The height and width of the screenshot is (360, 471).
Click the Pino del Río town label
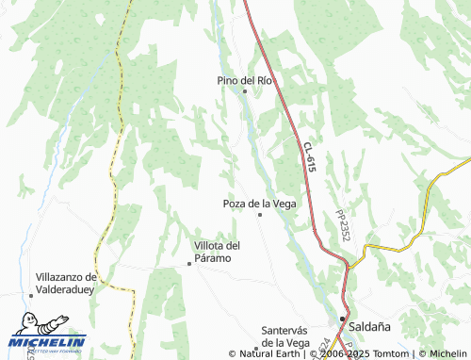tap(245, 80)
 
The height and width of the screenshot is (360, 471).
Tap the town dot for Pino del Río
tap(245, 91)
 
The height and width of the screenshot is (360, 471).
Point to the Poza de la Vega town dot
tap(260, 215)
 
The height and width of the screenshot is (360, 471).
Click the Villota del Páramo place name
tap(218, 252)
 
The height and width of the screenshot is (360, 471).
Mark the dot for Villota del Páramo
tap(189, 264)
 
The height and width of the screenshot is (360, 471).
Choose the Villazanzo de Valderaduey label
tap(66, 284)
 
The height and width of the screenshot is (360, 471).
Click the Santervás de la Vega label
tap(285, 335)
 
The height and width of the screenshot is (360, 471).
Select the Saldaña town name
tap(368, 325)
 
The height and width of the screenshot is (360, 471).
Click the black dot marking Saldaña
tap(342, 319)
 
